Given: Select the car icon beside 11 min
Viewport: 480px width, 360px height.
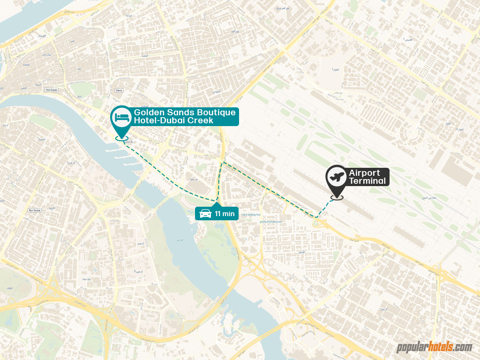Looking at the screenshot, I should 205,214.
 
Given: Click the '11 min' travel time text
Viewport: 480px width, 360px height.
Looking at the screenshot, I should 225,214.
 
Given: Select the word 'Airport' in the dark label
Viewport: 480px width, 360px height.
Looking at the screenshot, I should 364,173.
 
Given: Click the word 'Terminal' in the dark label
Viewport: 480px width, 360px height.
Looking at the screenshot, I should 367,181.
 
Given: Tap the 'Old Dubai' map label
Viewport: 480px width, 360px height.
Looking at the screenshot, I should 51,90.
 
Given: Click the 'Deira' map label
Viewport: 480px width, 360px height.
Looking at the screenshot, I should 119,90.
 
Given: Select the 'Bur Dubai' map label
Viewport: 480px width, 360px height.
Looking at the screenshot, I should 35,210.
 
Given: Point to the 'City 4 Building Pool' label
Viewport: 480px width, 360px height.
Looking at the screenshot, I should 251,216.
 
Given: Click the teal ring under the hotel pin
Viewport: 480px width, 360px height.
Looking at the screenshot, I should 122,138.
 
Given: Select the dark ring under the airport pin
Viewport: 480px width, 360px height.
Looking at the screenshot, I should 337,197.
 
